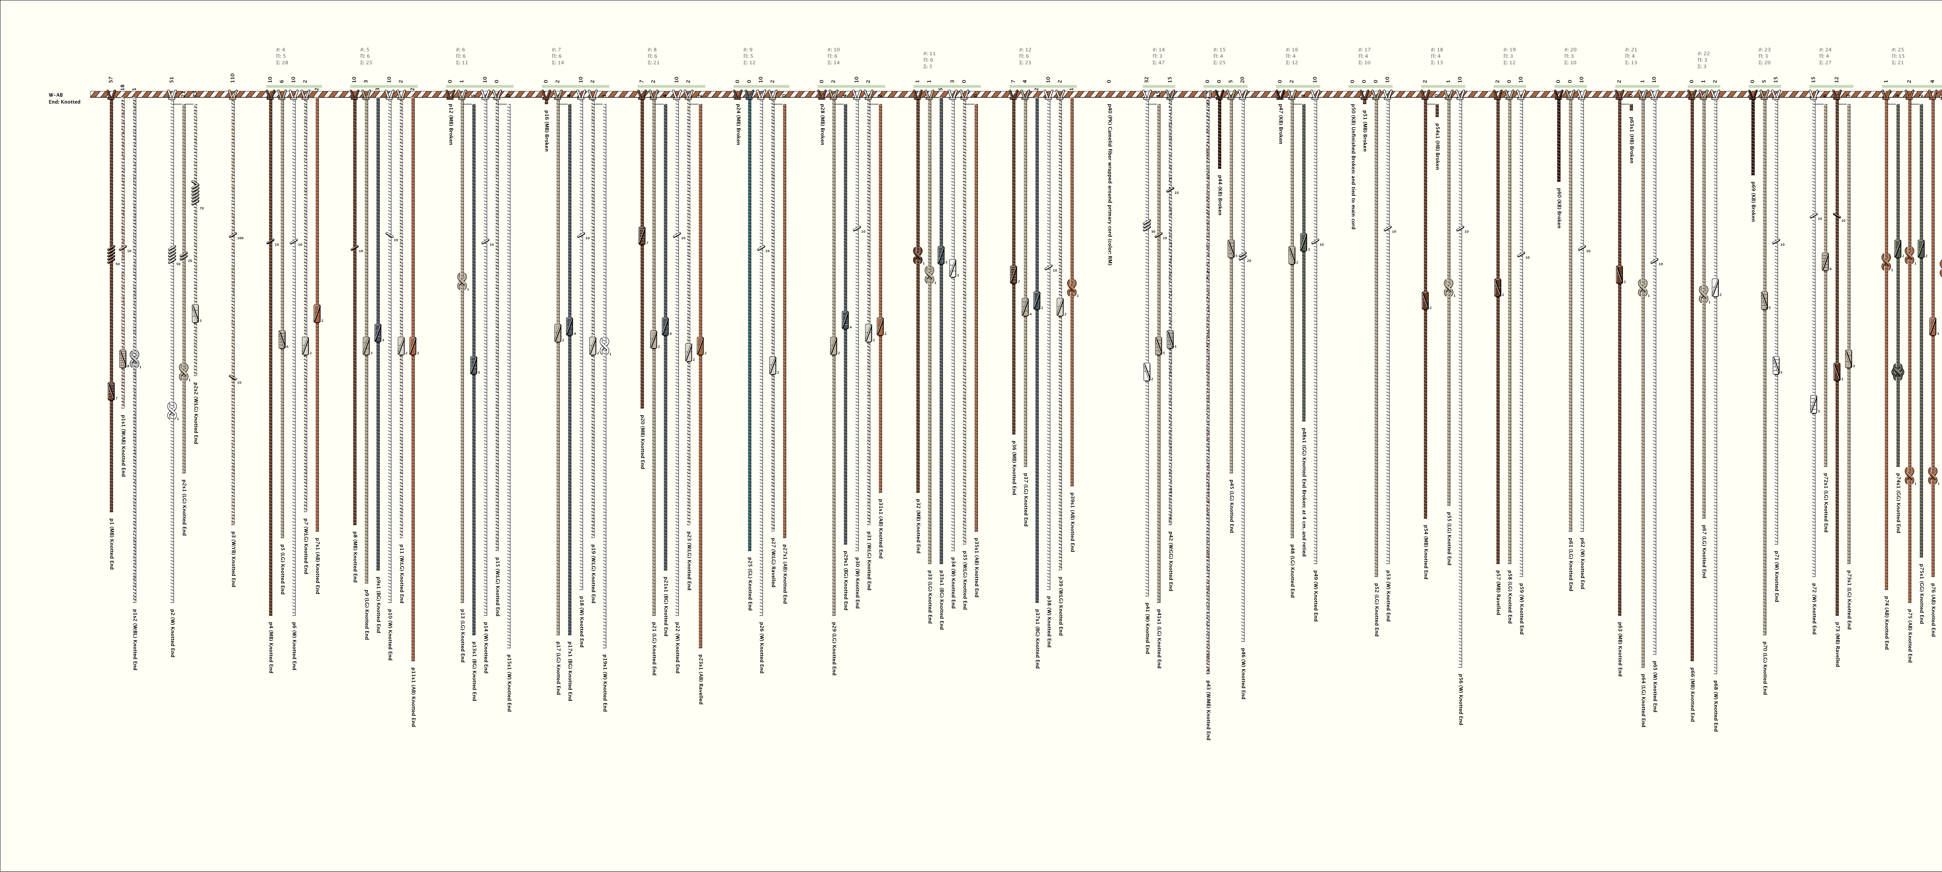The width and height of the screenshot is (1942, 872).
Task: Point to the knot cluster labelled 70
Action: (x=195, y=195)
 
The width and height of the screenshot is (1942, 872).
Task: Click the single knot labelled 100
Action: (x=233, y=236)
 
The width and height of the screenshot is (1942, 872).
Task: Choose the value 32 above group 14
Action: (x=1146, y=79)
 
